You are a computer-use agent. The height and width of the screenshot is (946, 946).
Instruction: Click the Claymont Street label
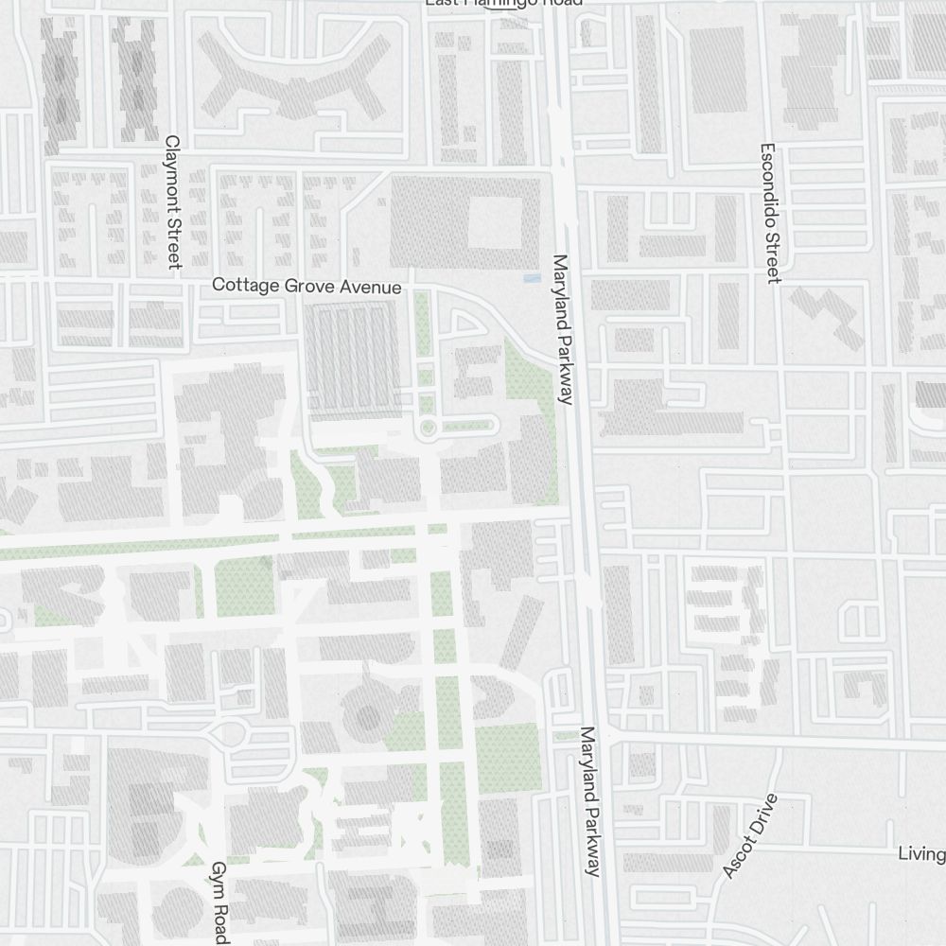173,201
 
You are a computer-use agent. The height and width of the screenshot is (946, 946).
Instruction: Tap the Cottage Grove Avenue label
307,285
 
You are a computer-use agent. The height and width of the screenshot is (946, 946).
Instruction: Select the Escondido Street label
769,213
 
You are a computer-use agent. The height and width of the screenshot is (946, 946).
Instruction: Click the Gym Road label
219,902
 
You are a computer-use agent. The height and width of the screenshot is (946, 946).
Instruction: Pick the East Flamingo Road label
503,3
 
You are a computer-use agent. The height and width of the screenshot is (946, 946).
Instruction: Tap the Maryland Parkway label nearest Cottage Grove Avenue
564,329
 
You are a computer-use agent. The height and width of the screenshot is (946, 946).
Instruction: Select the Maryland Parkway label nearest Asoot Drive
591,801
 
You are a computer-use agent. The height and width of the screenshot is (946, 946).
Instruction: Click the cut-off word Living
921,854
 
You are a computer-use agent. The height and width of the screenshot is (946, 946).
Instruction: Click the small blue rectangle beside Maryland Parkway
533,278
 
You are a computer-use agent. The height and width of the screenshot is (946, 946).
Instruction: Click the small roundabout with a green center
428,429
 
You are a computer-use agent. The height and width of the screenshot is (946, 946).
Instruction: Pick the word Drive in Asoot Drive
761,816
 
